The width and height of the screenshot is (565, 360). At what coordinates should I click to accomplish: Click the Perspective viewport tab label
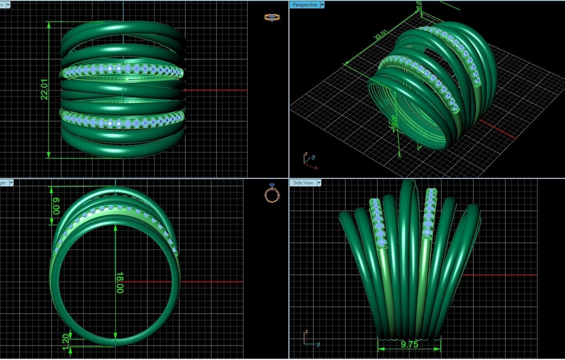[x=305, y=5]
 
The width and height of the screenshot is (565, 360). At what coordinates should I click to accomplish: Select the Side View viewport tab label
[x=303, y=183]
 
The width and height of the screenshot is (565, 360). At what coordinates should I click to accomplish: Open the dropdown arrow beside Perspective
[x=322, y=5]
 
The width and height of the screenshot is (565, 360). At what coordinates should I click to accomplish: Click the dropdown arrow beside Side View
[x=319, y=183]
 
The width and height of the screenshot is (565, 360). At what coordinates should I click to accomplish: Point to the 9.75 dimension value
[x=409, y=344]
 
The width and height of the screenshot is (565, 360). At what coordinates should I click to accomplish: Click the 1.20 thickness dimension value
[x=66, y=342]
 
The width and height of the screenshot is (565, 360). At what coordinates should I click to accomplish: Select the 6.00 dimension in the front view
[x=56, y=206]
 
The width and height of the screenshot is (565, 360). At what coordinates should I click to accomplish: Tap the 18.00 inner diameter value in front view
[x=119, y=282]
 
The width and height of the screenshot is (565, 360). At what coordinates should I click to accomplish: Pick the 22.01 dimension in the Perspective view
[x=380, y=35]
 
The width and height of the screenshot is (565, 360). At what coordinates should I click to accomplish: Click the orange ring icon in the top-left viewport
[x=272, y=17]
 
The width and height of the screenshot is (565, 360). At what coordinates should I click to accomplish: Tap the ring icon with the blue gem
[x=272, y=193]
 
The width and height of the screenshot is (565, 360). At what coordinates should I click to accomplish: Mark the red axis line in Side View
[x=500, y=275]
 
